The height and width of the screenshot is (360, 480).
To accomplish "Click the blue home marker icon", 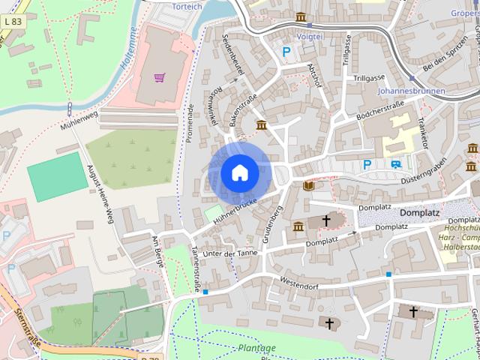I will pos(240,173).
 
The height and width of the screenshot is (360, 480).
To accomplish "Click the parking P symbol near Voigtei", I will pos(286,52).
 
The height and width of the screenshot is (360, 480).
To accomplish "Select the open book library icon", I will pos(308,185).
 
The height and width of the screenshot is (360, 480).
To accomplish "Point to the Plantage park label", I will pos(257,348).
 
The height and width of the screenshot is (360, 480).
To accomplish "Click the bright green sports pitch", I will pos(57,177).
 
